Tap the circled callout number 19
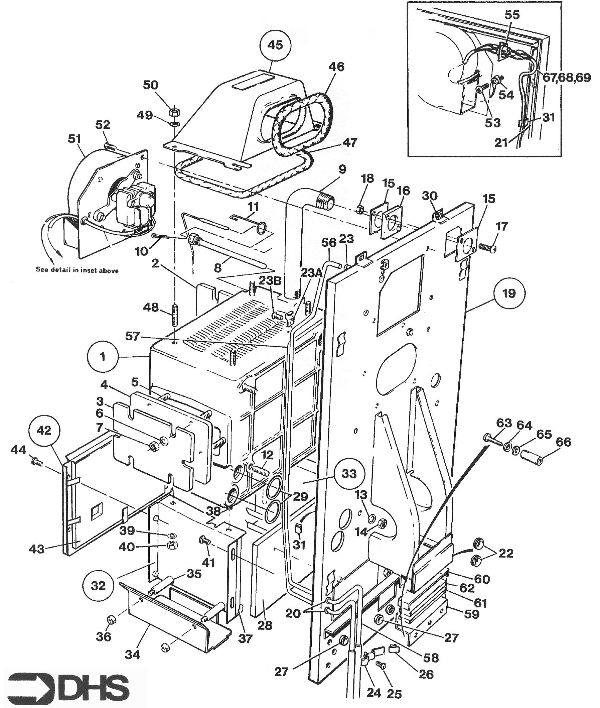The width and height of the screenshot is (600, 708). pos(508,293)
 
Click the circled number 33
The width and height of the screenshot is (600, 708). pos(349,473)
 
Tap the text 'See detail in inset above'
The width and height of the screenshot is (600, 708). pos(78,271)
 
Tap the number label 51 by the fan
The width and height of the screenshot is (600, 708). pos(74,138)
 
